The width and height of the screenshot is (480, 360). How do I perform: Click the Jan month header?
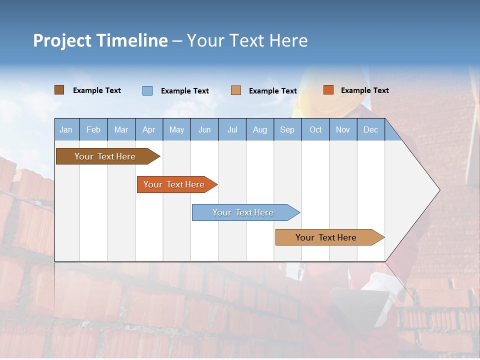coord(66,129)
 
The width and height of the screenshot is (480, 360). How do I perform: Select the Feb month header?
coord(93,129)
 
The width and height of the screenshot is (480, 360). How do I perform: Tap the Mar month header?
coord(121,129)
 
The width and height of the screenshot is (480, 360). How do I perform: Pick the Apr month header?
coord(149,129)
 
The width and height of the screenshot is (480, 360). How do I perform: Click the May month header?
coord(176,129)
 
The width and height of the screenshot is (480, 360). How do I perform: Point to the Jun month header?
coord(204,129)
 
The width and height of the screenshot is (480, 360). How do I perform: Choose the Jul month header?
coord(232,129)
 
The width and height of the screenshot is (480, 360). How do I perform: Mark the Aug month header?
coord(260,129)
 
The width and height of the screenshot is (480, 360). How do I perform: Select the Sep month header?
coord(287,129)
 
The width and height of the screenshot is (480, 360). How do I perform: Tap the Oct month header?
coord(315,129)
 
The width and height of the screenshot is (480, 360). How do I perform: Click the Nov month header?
coord(343,129)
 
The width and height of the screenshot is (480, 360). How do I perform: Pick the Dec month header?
coord(371,129)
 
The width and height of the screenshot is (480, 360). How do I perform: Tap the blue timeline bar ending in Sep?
coord(243,212)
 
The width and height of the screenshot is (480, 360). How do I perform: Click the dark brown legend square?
coord(59,90)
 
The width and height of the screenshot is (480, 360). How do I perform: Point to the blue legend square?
coord(147,90)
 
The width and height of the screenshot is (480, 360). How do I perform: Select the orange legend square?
coord(328,90)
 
